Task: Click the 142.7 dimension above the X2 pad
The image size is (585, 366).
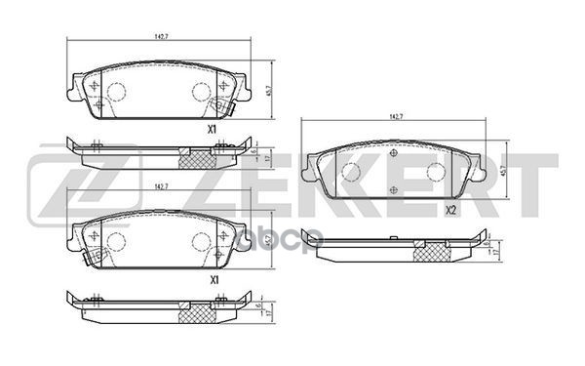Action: tap(396, 116)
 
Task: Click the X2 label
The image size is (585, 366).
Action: tap(451, 210)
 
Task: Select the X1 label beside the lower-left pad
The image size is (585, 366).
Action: tap(212, 279)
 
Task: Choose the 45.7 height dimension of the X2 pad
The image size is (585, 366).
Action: tap(503, 169)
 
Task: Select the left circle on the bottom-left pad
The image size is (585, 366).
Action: tap(114, 241)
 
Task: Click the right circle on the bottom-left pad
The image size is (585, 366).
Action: tap(202, 241)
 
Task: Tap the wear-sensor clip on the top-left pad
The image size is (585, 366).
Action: tap(225, 108)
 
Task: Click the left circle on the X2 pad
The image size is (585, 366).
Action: tap(349, 172)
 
